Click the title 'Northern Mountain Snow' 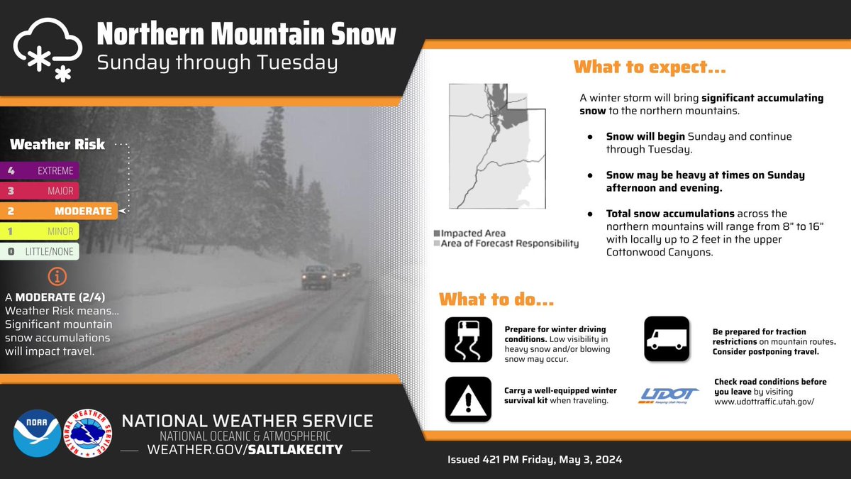pos(246,35)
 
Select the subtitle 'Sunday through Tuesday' pos(217,62)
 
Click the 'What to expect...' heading pos(650,67)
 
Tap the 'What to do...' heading pos(496,299)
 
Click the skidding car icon pos(468,339)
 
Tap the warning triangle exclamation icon pos(468,400)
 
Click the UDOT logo pos(669,396)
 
